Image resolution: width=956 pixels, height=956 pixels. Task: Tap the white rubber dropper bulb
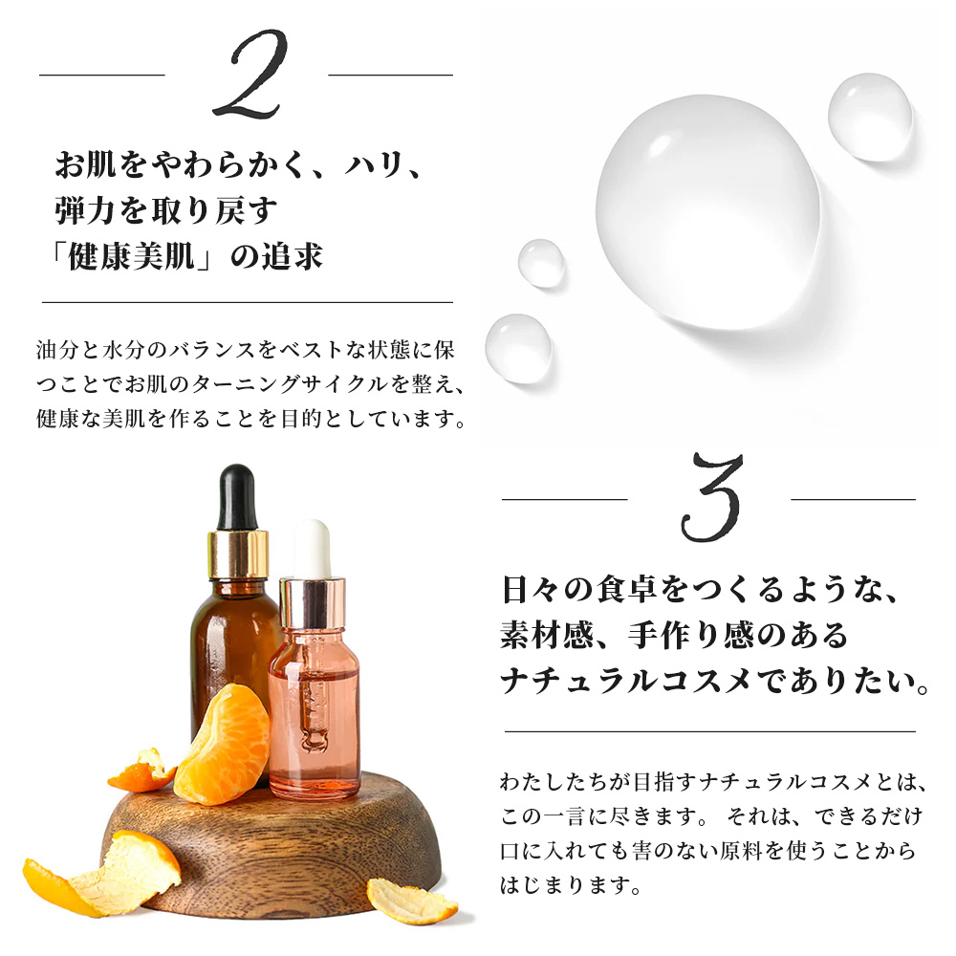312,548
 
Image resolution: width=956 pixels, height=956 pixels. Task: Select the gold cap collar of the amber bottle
239,554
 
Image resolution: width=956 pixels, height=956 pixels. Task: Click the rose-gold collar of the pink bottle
313,601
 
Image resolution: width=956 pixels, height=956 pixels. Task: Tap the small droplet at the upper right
869,117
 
